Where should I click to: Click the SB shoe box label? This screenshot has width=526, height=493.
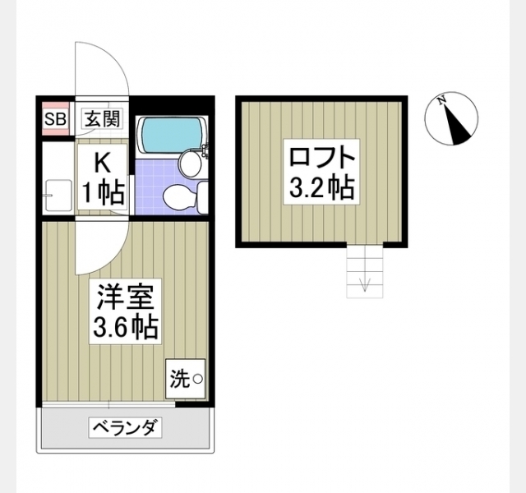coord(55,119)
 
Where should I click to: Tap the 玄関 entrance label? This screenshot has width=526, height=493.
coord(102,119)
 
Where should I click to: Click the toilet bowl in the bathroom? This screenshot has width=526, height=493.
coord(178,197)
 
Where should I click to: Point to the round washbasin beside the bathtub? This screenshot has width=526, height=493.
coord(190,163)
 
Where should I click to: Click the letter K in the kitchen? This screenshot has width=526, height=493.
coord(102,164)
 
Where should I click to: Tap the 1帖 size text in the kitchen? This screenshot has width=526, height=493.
coord(104,194)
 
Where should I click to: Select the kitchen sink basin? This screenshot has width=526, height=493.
coord(58,196)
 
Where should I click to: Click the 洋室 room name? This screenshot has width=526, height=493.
coord(125,297)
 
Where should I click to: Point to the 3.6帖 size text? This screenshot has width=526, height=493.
coord(125,326)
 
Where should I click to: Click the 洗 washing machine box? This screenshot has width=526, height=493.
coord(185,379)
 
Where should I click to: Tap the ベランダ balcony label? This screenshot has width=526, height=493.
coord(125,427)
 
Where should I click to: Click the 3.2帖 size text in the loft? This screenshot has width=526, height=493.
coord(321,187)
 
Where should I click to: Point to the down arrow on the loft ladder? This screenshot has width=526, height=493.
coord(364,284)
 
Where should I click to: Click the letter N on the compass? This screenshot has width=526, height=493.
coord(442,100)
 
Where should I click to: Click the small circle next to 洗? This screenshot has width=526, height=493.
coord(197,379)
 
